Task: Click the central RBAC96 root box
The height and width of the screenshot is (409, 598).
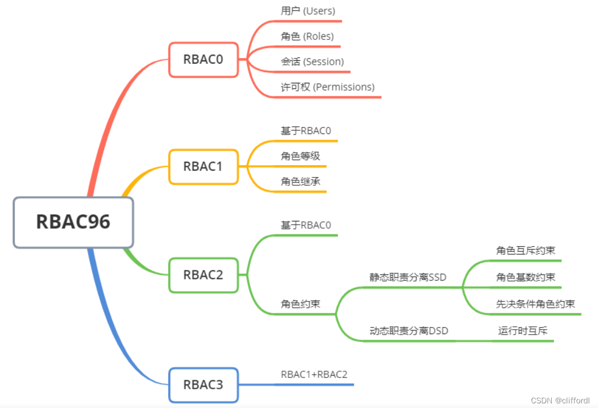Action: tap(73, 222)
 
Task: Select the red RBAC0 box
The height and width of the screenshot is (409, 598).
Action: tap(203, 59)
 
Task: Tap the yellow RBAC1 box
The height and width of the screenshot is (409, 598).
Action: tap(203, 167)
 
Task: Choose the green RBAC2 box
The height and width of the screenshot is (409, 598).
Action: tap(203, 275)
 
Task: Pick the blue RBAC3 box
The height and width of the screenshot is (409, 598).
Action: tap(203, 385)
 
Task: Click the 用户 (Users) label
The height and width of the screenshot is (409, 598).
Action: tap(307, 11)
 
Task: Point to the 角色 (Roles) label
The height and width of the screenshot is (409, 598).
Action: tap(307, 36)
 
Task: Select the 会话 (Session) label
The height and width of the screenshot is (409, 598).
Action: tap(312, 61)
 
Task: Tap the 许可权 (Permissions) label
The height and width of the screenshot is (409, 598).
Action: tap(327, 87)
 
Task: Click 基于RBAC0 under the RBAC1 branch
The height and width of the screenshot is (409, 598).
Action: tap(306, 131)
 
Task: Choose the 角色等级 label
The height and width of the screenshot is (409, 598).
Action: tap(300, 156)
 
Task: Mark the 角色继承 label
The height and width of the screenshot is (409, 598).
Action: tap(300, 181)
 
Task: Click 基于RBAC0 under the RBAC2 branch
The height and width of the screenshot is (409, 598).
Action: tap(306, 225)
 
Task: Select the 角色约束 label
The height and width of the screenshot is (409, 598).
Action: tap(300, 304)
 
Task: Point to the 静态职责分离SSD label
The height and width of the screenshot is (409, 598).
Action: tap(407, 277)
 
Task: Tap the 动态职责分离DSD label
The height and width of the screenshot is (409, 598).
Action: tap(409, 331)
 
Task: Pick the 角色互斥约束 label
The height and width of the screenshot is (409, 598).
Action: tap(525, 251)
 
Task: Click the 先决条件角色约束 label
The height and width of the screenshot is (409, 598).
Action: tap(535, 304)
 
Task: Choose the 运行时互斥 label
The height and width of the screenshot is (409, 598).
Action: tap(523, 331)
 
